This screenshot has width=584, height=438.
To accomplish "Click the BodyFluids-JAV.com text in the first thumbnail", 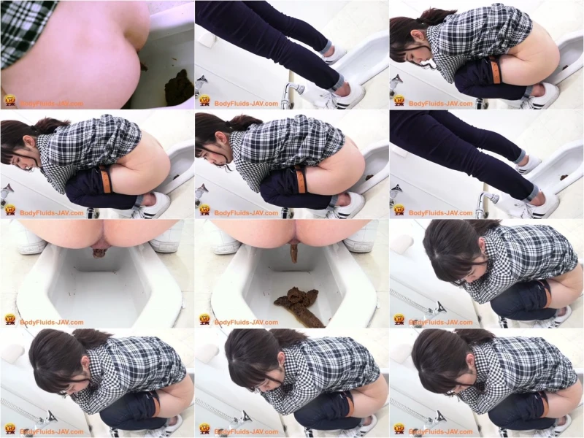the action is tap(51, 104).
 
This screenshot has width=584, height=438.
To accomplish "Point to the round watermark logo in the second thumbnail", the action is tap(204, 101).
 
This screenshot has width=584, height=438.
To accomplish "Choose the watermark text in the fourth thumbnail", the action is tap(51, 213).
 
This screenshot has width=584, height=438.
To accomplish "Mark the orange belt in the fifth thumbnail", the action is tap(301, 180).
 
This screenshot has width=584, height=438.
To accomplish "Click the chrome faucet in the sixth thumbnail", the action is tap(486, 203).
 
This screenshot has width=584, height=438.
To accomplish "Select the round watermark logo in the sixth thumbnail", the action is tap(399, 210).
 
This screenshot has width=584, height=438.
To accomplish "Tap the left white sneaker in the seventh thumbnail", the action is tap(31, 242).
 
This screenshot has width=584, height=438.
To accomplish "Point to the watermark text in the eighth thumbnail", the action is tap(246, 322).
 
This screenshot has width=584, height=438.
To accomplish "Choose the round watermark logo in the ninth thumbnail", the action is tap(399, 320).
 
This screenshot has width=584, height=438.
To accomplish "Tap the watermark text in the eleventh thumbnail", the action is tap(246, 431).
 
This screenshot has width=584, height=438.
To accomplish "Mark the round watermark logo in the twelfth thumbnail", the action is tap(399, 429).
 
